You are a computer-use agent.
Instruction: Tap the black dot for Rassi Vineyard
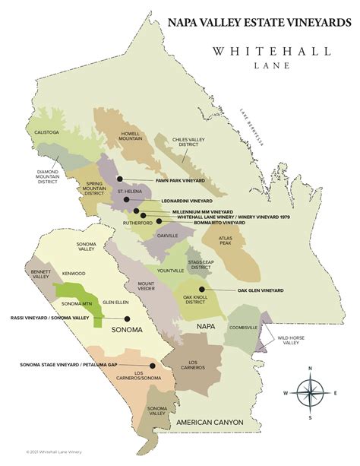127,319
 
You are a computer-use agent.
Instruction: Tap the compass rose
310,393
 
